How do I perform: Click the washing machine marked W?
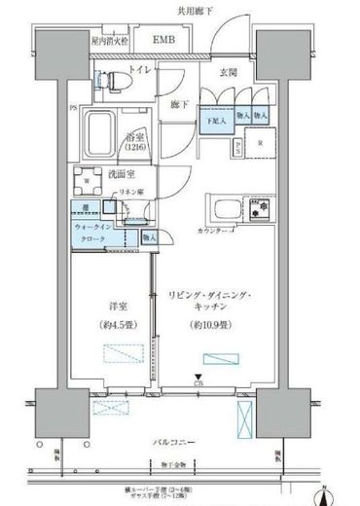point(90,182)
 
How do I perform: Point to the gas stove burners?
point(260,210)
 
